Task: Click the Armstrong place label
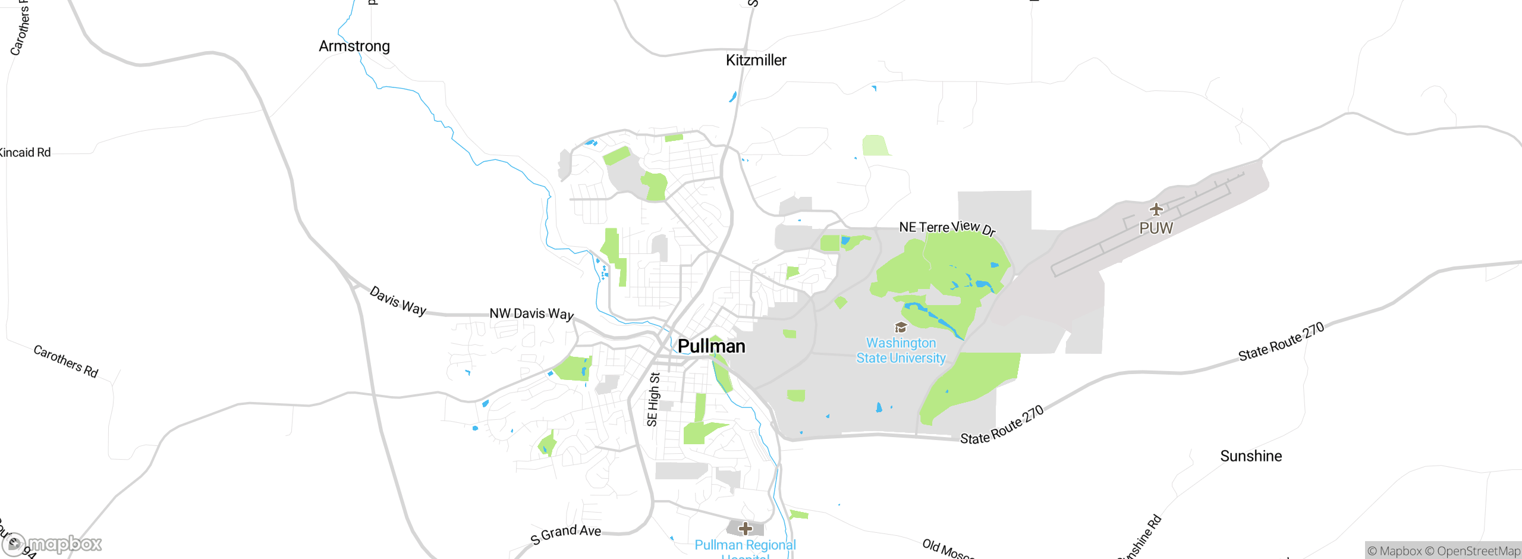[354, 46]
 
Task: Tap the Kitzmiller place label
[756, 60]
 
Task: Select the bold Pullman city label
[711, 346]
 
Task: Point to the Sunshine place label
[1251, 456]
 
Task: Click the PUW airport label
[1156, 228]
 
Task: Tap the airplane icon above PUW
[1156, 209]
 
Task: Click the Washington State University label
[901, 351]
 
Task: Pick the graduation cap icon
[901, 327]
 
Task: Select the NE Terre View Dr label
[947, 228]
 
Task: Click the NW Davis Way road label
[532, 313]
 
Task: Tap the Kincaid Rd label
[25, 153]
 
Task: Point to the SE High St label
[653, 399]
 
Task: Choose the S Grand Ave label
[566, 533]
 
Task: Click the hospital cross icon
[746, 528]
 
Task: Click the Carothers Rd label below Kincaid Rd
[65, 361]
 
